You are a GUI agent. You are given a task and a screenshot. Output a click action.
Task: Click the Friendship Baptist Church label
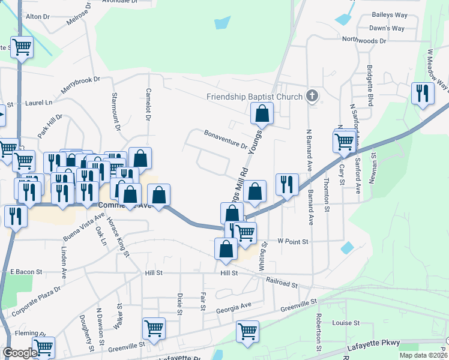[255, 97]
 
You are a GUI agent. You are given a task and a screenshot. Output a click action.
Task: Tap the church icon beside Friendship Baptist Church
[312, 95]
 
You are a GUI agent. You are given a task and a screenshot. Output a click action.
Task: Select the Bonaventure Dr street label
[225, 139]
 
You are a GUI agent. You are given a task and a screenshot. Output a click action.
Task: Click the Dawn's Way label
[387, 28]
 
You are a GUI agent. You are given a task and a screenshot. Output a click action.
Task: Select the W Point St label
[292, 241]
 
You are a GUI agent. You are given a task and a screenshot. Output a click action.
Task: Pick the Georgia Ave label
[234, 307]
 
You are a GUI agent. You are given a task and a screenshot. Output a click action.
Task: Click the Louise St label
[346, 323]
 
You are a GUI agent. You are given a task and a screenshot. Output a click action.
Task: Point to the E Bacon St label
[26, 272]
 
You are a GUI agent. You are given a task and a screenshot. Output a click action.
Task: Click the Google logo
[20, 353]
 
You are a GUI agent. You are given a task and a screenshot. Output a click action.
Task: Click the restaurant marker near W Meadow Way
[423, 93]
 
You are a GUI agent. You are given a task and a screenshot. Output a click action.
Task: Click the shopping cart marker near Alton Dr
[22, 46]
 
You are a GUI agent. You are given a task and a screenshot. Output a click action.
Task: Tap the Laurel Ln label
[39, 103]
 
